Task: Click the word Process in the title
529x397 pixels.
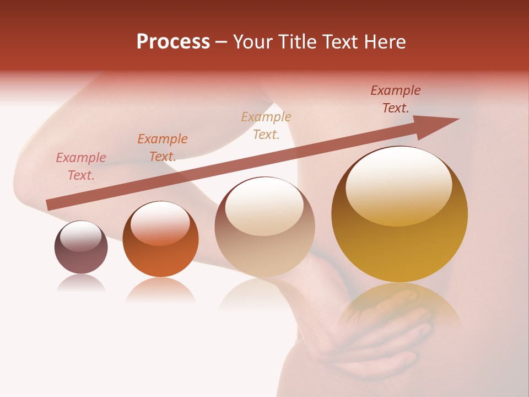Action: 173,41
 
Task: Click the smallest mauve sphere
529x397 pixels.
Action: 81,247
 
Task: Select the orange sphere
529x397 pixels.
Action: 160,239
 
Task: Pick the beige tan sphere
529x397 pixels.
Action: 264,227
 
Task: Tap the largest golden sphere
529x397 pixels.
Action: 400,215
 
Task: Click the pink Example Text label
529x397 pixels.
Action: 81,167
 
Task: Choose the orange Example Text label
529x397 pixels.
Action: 162,148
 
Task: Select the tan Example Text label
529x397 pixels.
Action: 266,125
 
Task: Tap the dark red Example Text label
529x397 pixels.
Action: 395,99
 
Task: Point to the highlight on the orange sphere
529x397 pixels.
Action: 160,223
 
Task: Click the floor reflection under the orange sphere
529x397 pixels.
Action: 160,290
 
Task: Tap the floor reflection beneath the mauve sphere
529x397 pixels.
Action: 81,283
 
